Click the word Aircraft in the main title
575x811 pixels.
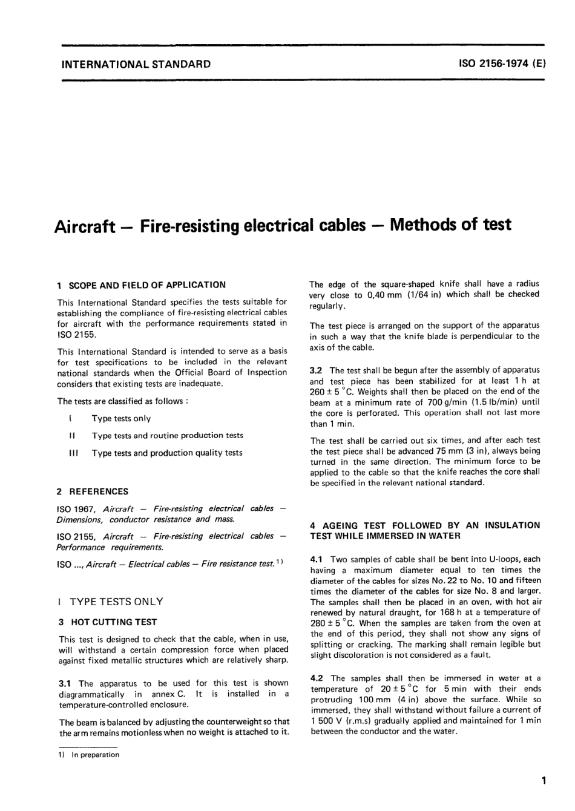pos(85,226)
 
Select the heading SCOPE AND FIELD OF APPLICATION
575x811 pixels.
pos(148,284)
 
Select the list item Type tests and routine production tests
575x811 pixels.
pos(168,435)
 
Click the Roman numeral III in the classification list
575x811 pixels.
pos(72,453)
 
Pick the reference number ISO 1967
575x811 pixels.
pos(76,508)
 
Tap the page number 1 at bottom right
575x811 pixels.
pos(545,780)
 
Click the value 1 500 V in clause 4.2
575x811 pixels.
pos(327,720)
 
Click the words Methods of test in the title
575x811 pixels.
pos(451,225)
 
